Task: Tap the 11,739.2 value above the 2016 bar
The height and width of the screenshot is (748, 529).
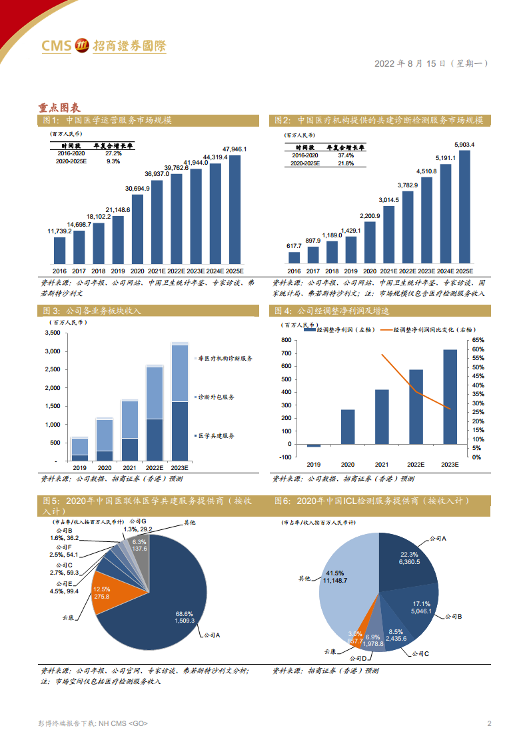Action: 59,231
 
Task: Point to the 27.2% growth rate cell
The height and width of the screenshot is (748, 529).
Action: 113,153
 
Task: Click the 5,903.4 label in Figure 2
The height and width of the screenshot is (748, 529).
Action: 464,144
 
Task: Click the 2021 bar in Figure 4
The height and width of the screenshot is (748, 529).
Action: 382,417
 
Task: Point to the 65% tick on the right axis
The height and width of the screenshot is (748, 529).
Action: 478,340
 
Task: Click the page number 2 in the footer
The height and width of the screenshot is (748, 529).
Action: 489,724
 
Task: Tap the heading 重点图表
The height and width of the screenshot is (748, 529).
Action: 59,107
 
